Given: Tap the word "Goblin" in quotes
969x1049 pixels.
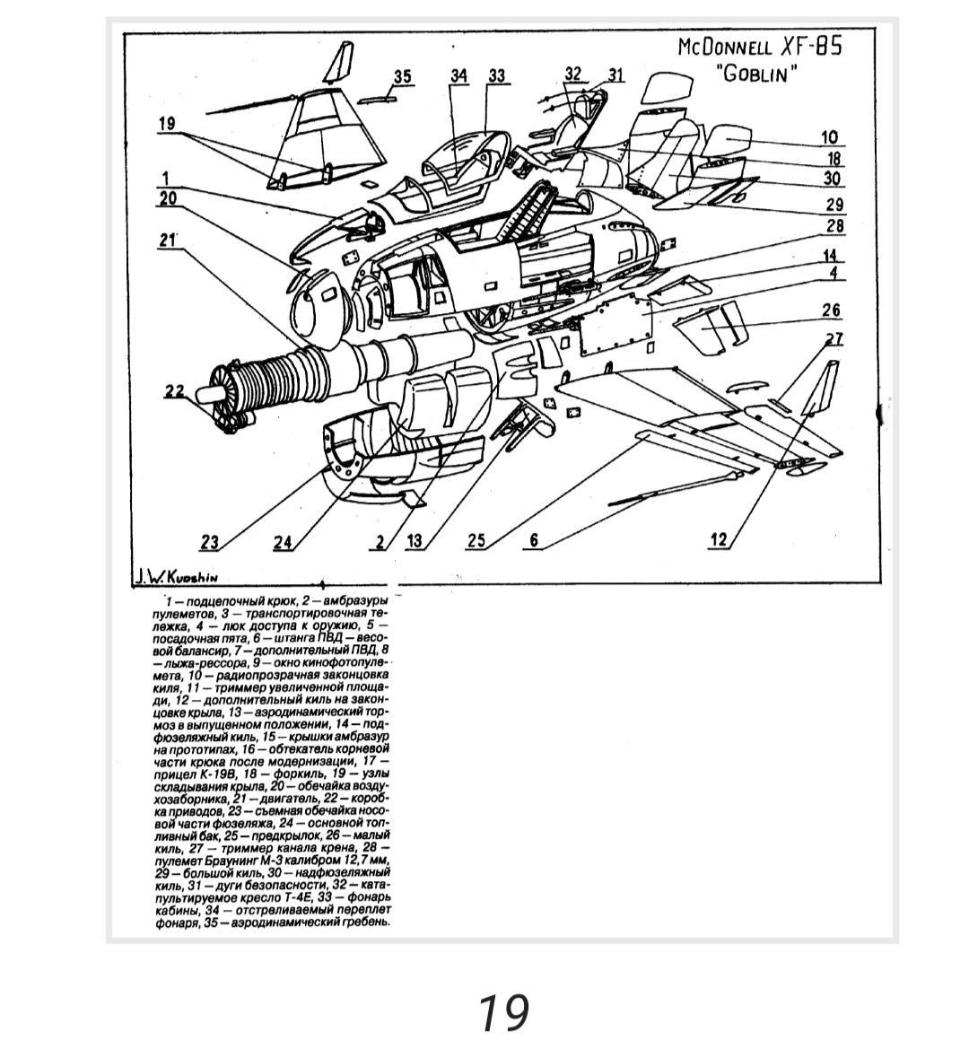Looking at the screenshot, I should tap(757, 74).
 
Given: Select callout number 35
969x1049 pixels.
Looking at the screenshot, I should tap(402, 76).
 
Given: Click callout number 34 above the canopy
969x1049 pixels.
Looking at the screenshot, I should tap(458, 76).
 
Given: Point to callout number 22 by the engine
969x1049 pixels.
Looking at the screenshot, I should tap(174, 390).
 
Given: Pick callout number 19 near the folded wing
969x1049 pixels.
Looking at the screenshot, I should tap(167, 124).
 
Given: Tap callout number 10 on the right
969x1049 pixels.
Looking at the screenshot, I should tap(829, 137).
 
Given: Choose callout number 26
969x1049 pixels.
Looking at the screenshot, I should tap(831, 310).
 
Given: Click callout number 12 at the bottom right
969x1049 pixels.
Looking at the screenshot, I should tap(718, 538).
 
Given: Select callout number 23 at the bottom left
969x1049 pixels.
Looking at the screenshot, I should tap(209, 542).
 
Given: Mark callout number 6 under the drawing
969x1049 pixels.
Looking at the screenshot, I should tap(534, 540).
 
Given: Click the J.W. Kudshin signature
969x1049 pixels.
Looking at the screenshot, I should tap(176, 577).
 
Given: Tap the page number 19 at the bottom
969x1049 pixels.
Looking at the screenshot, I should tap(502, 1012).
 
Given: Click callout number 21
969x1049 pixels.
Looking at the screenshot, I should tap(168, 240).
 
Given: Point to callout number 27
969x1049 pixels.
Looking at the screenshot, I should tap(834, 339).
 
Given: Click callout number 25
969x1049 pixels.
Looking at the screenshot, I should tap(476, 540).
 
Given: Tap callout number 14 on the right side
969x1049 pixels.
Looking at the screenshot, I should tap(831, 256).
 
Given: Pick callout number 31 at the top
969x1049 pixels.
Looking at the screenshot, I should tap(615, 75).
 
